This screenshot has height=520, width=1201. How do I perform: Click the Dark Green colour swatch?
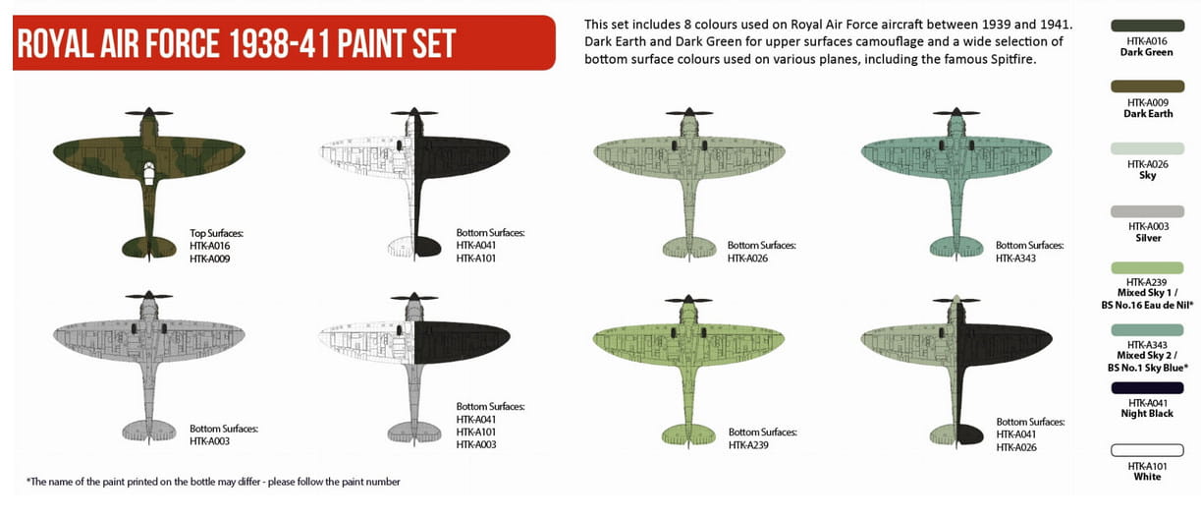tap(1147, 26)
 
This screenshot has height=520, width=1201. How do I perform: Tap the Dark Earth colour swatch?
tap(1147, 87)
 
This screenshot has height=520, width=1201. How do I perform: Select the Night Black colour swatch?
tap(1147, 388)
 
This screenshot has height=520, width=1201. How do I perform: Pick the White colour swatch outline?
tap(1147, 450)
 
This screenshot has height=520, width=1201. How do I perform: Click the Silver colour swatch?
tap(1147, 211)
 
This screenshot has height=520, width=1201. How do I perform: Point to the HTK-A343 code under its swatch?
tap(1147, 345)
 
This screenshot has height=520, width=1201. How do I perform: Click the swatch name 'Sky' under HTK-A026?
tap(1147, 176)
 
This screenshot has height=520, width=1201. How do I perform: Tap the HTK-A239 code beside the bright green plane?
tap(748, 445)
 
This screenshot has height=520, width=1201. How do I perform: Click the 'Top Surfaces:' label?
tap(216, 233)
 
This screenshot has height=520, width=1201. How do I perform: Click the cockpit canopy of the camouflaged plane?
tap(149, 173)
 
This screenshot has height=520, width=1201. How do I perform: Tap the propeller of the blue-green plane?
tap(955, 113)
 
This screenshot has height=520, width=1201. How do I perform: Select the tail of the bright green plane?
tap(688, 434)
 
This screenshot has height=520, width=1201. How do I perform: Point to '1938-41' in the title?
tap(278, 43)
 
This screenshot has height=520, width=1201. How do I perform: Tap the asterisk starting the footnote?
tap(28, 481)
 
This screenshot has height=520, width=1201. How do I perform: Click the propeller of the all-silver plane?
tap(148, 296)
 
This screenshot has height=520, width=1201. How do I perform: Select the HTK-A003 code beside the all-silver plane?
tap(209, 441)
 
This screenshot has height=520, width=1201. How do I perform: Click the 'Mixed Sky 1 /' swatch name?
tap(1147, 293)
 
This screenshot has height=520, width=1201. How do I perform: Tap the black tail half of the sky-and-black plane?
tap(970, 434)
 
